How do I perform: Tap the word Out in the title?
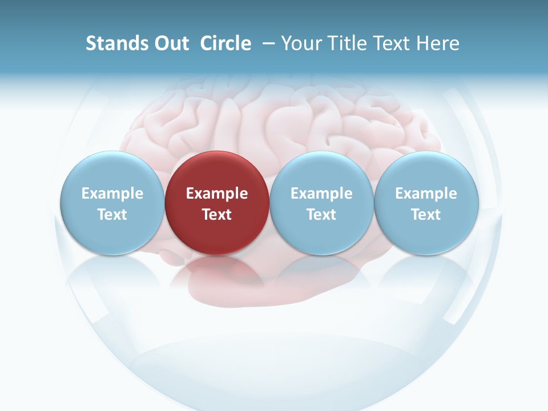pos(170,43)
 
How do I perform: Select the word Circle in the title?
pos(225,43)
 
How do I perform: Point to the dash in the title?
pos(267,43)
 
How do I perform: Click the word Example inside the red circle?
pos(217,194)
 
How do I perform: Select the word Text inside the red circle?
pos(217,215)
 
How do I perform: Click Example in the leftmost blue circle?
pos(112,194)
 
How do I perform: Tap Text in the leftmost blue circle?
pos(112,215)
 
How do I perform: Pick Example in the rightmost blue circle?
pos(426,194)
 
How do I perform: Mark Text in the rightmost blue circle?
pos(426,215)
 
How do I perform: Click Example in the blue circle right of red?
pos(321,194)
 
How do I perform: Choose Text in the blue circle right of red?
pos(321,215)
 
